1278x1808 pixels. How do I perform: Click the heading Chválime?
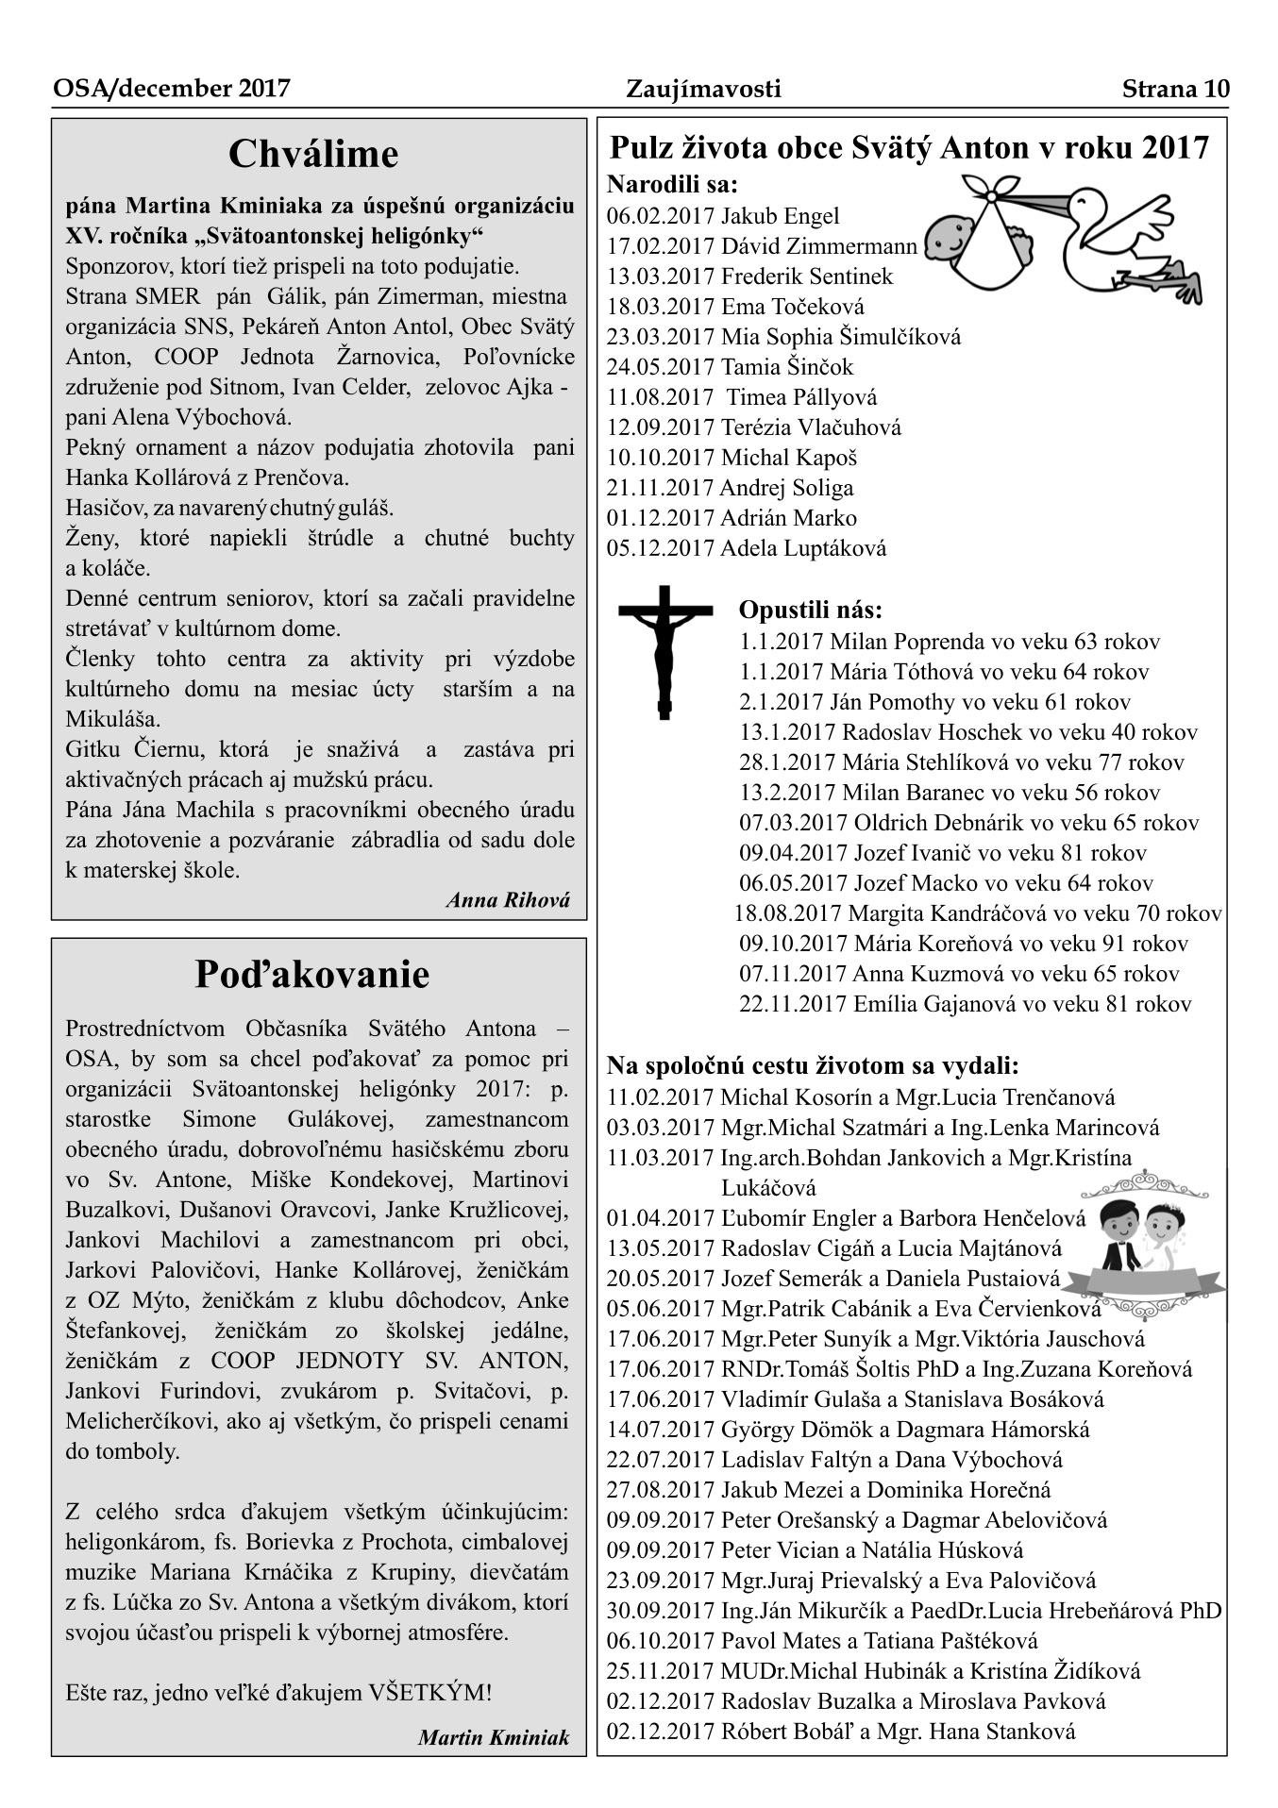(x=313, y=154)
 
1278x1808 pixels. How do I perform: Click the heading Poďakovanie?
(x=312, y=974)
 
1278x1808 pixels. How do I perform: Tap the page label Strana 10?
(x=1175, y=89)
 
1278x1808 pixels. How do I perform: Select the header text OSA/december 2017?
(x=172, y=89)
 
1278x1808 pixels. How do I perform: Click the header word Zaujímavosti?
(x=703, y=89)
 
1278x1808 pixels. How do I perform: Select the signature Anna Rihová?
(x=508, y=899)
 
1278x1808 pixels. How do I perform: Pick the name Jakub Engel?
(x=780, y=216)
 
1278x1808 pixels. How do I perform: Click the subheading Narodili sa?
(x=672, y=184)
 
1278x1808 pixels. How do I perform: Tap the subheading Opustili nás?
(x=811, y=610)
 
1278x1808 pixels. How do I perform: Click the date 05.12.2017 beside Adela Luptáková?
(x=660, y=548)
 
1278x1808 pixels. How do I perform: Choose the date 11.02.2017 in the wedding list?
(x=660, y=1097)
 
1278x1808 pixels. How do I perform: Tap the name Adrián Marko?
(x=788, y=518)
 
